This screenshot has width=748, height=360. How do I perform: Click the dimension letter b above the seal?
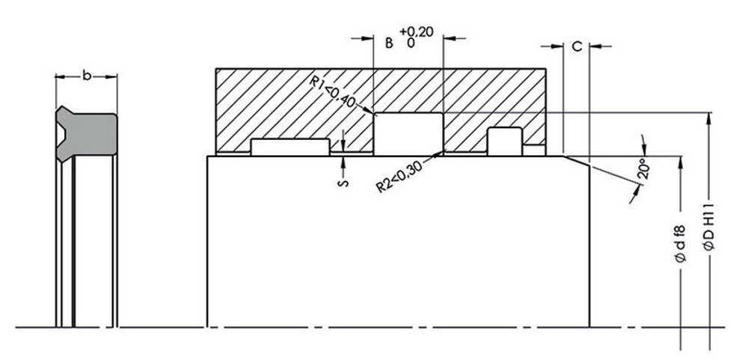[87, 76]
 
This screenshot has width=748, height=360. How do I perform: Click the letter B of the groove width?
[388, 43]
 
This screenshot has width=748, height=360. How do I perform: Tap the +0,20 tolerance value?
[417, 31]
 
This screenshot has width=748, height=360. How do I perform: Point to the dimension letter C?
[576, 46]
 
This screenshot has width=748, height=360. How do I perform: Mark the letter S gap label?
[342, 183]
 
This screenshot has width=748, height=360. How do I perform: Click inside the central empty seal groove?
[408, 133]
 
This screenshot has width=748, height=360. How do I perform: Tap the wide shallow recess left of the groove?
[290, 147]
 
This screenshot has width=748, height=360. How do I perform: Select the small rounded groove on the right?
[504, 139]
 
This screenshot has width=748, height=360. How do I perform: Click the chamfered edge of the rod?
[577, 162]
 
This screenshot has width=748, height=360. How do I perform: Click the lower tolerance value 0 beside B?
[411, 43]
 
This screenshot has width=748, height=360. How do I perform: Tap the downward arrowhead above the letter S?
[342, 145]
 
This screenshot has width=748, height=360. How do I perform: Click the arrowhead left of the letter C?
[557, 46]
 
